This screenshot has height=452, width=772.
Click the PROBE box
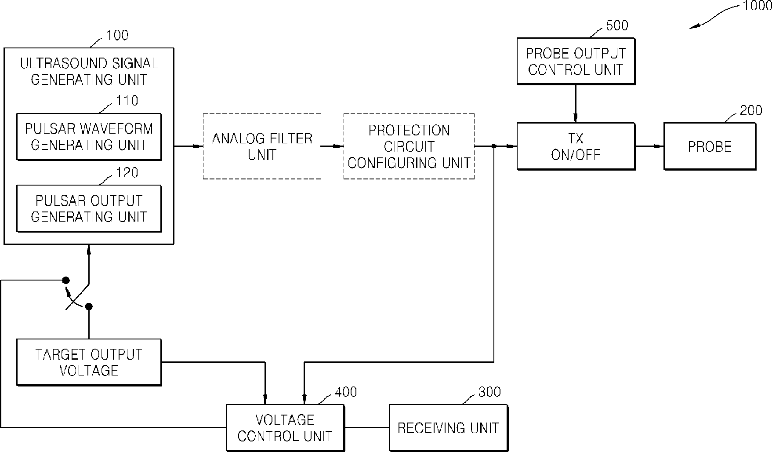pos(710,146)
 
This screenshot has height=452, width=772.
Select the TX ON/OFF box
pos(576,146)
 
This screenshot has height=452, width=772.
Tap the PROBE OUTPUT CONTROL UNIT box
pos(576,61)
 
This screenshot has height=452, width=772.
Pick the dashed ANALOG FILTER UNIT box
pos(262,146)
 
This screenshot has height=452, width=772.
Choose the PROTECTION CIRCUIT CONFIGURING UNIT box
pos(409,146)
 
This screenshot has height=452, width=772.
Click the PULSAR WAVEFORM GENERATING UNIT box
pos(89,137)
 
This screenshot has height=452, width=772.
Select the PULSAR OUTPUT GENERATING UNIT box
pos(89,209)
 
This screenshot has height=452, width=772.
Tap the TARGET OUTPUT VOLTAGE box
pos(89,362)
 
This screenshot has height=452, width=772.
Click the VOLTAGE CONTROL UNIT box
pos(285,428)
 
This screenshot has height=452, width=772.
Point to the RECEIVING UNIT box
pos(449,428)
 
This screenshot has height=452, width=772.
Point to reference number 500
pos(617,26)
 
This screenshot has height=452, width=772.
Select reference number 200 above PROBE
pos(751,110)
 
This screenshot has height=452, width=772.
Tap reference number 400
pos(346,392)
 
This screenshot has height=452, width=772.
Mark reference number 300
pos(489,392)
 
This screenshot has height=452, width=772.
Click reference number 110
pos(127,101)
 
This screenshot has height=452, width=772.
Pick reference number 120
pos(127,173)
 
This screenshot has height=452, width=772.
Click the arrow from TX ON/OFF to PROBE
pos(649,146)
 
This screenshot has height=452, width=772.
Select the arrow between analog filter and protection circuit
pos(332,146)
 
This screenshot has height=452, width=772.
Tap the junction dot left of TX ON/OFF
pos(494,146)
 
